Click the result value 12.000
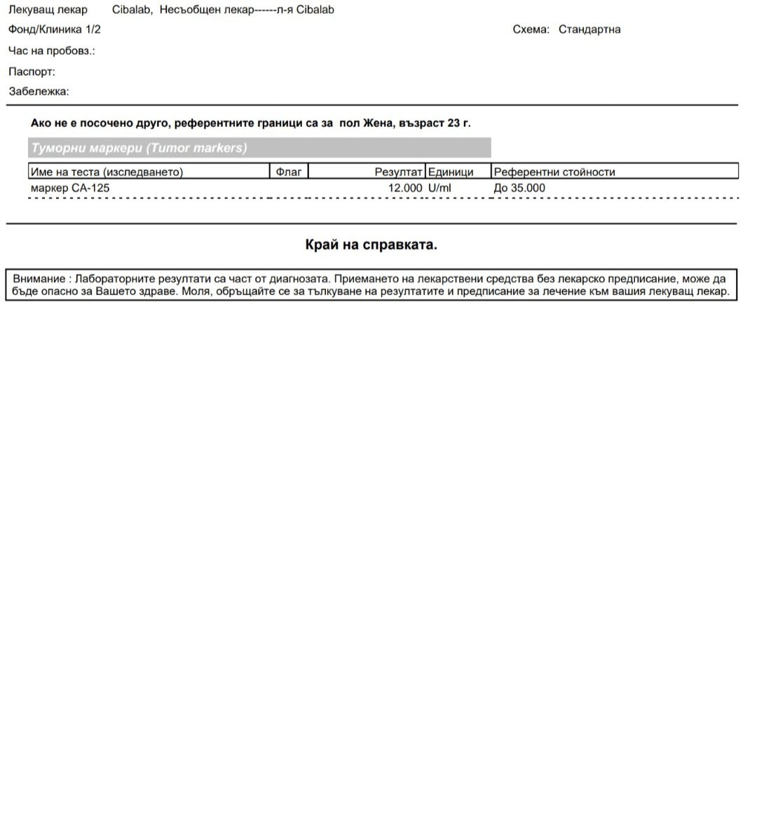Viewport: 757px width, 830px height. pyautogui.click(x=405, y=188)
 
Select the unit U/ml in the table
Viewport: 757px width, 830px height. pyautogui.click(x=439, y=188)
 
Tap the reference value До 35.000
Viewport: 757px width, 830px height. pyautogui.click(x=519, y=188)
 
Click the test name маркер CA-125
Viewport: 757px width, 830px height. pyautogui.click(x=70, y=188)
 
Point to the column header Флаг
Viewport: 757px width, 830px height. pyautogui.click(x=289, y=172)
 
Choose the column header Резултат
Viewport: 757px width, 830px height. pyautogui.click(x=398, y=172)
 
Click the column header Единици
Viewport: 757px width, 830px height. pyautogui.click(x=451, y=172)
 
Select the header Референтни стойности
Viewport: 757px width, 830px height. pyautogui.click(x=554, y=172)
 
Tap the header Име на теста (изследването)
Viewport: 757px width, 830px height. pyautogui.click(x=107, y=172)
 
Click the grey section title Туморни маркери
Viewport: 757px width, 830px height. pyautogui.click(x=139, y=148)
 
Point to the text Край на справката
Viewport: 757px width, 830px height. pyautogui.click(x=371, y=245)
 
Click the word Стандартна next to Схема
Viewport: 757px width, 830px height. pyautogui.click(x=589, y=29)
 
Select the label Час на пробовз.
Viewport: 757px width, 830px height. pyautogui.click(x=51, y=50)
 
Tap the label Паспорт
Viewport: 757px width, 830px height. pyautogui.click(x=32, y=72)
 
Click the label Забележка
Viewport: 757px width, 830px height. pyautogui.click(x=39, y=91)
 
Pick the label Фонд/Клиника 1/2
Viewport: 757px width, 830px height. pyautogui.click(x=55, y=29)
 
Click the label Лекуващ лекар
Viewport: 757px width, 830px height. pyautogui.click(x=48, y=10)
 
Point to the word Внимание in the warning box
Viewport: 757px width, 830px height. pyautogui.click(x=39, y=279)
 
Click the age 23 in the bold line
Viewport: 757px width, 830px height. pyautogui.click(x=453, y=123)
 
